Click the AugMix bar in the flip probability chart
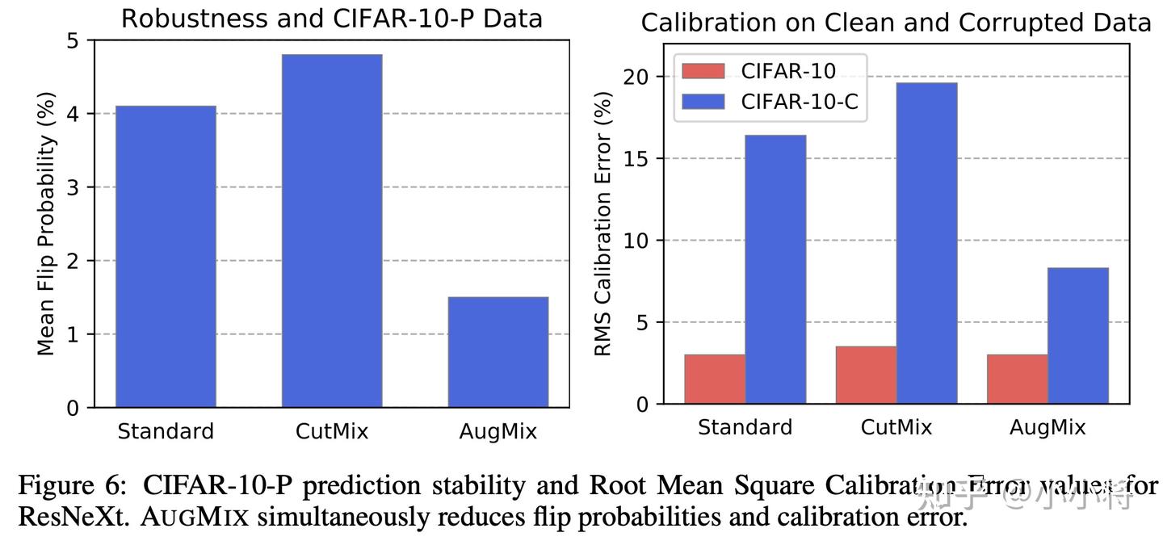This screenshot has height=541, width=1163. click(x=498, y=352)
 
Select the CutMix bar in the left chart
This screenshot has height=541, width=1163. click(x=331, y=231)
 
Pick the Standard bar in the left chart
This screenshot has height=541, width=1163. click(x=166, y=257)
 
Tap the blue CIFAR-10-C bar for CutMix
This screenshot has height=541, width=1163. click(x=926, y=242)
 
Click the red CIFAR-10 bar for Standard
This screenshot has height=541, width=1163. click(x=715, y=379)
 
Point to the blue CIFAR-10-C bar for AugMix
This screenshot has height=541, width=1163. click(x=1077, y=335)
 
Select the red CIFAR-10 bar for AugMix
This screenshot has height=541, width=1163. click(x=1017, y=379)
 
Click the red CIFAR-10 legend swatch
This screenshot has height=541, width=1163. click(x=703, y=71)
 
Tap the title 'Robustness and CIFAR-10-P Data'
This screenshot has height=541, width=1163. click(x=331, y=19)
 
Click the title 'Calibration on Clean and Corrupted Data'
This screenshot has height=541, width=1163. click(x=896, y=23)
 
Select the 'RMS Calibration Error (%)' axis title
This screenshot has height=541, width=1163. click(x=603, y=224)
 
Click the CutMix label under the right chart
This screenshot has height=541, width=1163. click(x=896, y=426)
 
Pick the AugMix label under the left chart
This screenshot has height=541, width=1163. click(x=498, y=431)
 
